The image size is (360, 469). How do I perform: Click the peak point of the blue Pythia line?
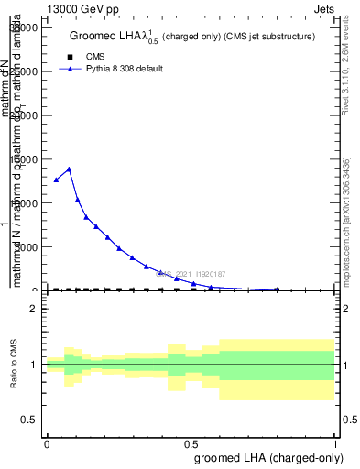click(x=69, y=169)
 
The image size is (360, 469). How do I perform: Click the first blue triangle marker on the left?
click(x=56, y=180)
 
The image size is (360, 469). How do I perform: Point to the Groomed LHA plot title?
click(x=192, y=36)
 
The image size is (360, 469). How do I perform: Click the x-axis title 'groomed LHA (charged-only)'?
click(x=265, y=456)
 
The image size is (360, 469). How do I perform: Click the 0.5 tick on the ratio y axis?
click(x=30, y=420)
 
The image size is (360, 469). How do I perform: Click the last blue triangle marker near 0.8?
click(x=278, y=289)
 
